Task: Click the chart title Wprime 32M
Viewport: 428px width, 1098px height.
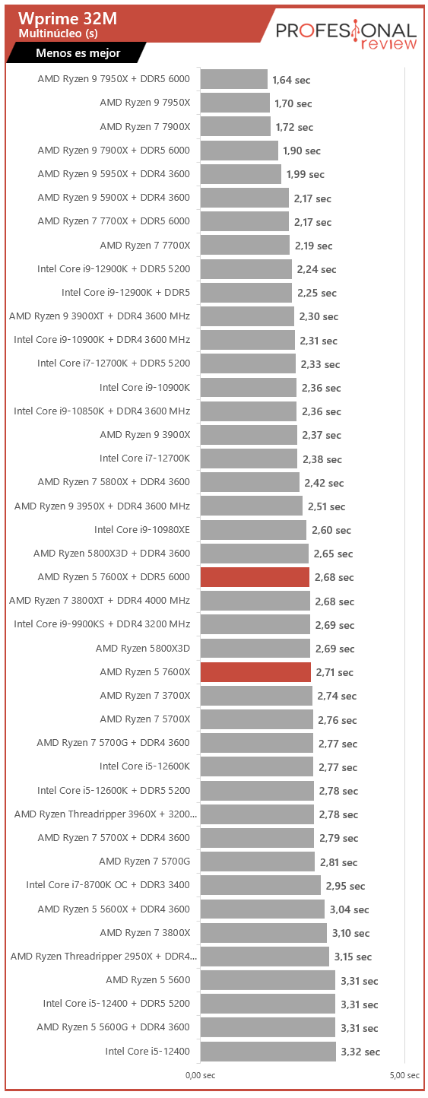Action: pos(68,18)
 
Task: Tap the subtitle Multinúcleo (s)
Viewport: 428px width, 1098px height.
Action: pos(59,33)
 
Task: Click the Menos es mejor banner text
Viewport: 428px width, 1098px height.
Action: pos(78,53)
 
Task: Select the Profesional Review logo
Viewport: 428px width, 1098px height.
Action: pos(346,35)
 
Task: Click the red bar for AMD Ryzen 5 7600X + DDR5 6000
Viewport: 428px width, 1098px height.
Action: pos(255,577)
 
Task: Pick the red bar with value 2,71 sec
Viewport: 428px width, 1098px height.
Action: pos(255,672)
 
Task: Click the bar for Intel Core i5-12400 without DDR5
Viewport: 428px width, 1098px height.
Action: pos(268,1052)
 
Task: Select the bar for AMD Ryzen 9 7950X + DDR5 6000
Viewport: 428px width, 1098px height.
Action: pos(234,79)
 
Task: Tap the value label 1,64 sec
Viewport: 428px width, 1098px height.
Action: pos(291,80)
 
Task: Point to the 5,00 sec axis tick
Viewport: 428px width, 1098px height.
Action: pos(404,1075)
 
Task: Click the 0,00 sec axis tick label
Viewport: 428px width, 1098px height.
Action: pos(201,1075)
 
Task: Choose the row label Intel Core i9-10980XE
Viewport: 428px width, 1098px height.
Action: pos(141,530)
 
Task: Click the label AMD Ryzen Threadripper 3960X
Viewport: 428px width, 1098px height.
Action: pos(106,814)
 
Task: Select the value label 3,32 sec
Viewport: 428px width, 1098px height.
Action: pos(360,1052)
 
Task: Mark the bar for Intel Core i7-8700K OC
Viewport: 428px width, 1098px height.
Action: pos(260,885)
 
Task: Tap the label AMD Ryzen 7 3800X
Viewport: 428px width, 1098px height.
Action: pos(145,933)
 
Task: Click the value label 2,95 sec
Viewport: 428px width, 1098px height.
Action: pos(345,887)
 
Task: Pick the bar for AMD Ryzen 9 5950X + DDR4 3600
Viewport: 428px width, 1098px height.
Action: pos(241,174)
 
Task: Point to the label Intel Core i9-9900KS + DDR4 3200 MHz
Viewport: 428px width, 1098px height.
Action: pos(102,624)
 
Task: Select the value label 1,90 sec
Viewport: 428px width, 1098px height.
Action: pos(302,151)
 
